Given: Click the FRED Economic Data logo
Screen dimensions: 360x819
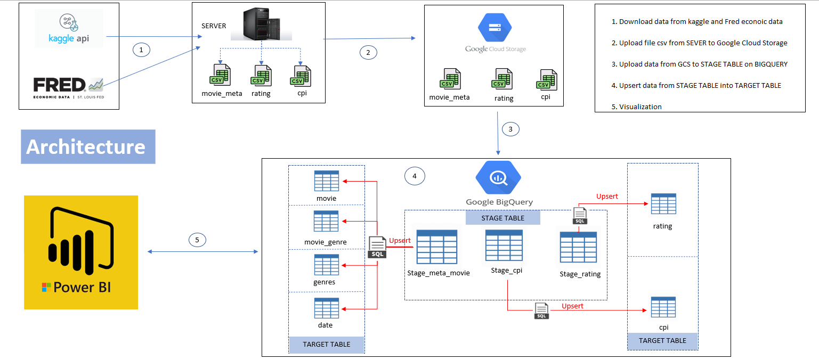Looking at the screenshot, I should click(x=68, y=87).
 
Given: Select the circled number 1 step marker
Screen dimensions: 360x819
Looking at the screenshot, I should click(x=141, y=50).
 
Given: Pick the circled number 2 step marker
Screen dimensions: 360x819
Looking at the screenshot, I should click(x=368, y=52).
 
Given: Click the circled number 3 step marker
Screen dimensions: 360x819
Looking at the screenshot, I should click(x=510, y=129).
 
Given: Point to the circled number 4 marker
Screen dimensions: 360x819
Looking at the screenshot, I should click(x=415, y=176).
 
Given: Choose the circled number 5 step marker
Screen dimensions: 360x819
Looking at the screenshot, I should click(x=197, y=240).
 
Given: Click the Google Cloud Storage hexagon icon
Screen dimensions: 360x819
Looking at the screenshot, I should click(x=494, y=28).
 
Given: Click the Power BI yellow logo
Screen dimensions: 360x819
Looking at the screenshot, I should click(x=81, y=252).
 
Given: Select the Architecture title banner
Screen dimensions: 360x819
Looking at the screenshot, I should click(x=88, y=146).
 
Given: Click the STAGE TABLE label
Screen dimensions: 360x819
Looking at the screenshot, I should click(x=502, y=218).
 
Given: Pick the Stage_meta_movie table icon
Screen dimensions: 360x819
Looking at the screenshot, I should click(x=437, y=247).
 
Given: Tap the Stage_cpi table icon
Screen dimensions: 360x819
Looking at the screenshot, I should click(x=504, y=246).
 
